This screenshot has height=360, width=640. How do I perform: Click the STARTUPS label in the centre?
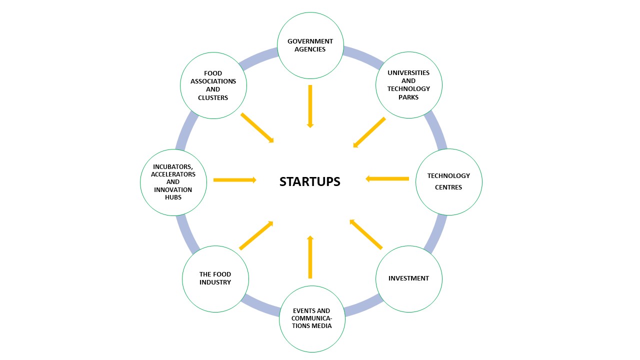click(x=309, y=181)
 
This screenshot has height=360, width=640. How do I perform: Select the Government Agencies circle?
click(x=310, y=45)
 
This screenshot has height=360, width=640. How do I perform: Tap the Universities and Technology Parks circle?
click(x=408, y=85)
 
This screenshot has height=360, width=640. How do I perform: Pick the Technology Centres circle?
click(x=448, y=181)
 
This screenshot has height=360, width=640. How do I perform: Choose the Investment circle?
click(x=408, y=278)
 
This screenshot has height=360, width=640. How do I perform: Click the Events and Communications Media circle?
click(x=312, y=318)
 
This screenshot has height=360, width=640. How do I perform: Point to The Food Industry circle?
click(x=215, y=278)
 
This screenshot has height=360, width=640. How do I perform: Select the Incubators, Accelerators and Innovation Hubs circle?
click(x=173, y=182)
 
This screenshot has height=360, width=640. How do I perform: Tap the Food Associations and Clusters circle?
click(x=213, y=85)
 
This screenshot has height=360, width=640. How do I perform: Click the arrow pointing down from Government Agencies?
click(x=310, y=106)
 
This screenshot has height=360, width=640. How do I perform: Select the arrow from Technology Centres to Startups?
click(x=387, y=178)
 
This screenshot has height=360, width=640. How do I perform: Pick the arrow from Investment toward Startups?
click(x=366, y=234)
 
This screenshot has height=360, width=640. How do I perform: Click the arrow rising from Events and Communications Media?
click(x=310, y=257)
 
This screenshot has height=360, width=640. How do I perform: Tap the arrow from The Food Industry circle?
click(x=256, y=235)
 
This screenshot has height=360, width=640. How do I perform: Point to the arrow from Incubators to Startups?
click(x=234, y=180)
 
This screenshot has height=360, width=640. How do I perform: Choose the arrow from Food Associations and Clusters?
click(x=257, y=127)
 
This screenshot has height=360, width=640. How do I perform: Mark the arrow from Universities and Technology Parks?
click(x=369, y=132)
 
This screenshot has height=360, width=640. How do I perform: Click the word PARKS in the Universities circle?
click(x=408, y=97)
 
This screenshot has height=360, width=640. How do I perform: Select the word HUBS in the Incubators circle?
click(x=173, y=197)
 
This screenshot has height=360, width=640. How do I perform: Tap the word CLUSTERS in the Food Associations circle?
click(x=213, y=98)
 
